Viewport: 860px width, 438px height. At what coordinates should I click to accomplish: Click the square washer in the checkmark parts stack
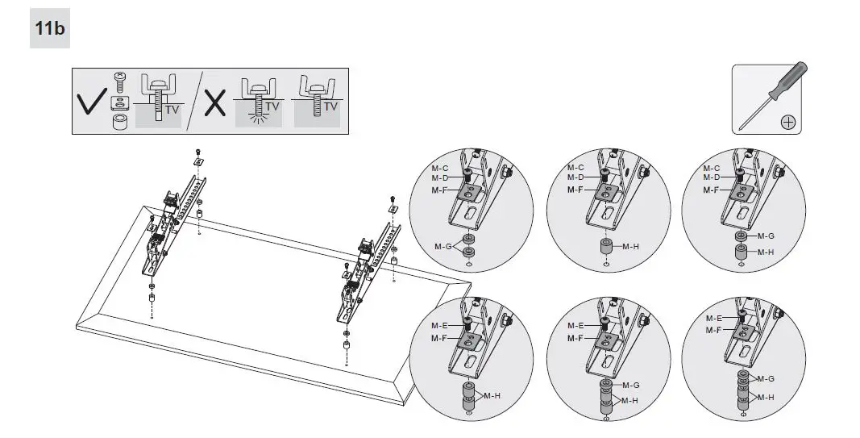[x=119, y=100]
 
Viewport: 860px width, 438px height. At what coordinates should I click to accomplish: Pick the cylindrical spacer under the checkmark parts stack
[x=119, y=122]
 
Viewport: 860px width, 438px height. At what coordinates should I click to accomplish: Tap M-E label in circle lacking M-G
[x=440, y=325]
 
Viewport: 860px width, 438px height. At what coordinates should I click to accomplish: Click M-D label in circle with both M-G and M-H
[x=711, y=177]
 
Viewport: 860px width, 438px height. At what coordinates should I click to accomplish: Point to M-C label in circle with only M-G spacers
[x=440, y=168]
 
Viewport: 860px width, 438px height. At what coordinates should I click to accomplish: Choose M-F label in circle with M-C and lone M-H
[x=575, y=190]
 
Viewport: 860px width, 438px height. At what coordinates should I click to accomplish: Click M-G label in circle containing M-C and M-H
[x=766, y=236]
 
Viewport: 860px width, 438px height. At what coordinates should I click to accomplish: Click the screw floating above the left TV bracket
[x=197, y=151]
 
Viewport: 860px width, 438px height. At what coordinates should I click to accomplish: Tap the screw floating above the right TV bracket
[x=392, y=198]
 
